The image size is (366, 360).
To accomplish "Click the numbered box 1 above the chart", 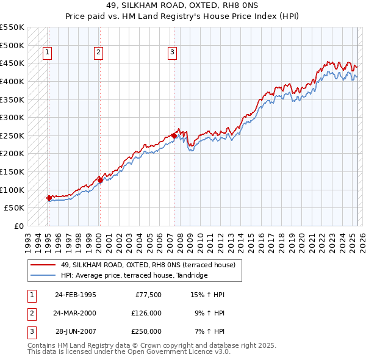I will point(48,53).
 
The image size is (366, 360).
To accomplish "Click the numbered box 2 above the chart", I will point(98,53).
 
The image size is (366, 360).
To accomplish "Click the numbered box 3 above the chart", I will point(173,53).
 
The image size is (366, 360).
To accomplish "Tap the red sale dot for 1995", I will point(49,198).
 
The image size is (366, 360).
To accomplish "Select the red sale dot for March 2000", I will point(100,180).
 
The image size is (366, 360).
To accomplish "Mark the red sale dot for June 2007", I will point(174,135).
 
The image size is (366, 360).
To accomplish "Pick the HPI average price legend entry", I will point(134,276).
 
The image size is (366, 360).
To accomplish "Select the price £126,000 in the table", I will point(146,313).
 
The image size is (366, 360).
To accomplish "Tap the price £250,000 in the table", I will point(146,331).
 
